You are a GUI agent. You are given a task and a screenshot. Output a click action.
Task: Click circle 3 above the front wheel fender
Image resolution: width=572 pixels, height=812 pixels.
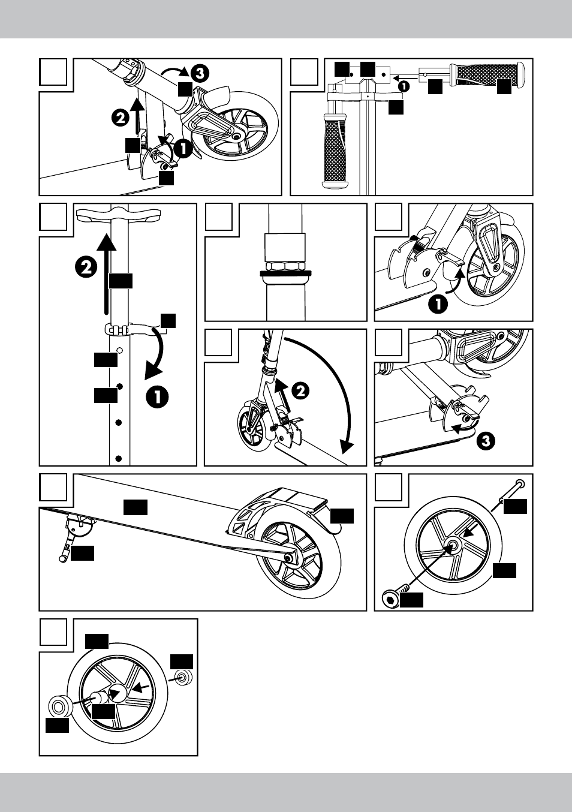(x=200, y=73)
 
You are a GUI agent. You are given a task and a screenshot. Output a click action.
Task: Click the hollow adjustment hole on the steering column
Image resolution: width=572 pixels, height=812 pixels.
(x=119, y=350)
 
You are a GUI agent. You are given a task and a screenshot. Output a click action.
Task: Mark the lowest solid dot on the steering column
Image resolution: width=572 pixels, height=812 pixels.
(x=119, y=459)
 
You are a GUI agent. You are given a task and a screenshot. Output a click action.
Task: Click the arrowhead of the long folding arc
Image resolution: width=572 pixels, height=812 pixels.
(x=345, y=447)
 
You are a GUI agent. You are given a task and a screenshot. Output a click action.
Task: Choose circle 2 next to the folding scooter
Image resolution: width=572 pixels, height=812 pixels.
(x=300, y=390)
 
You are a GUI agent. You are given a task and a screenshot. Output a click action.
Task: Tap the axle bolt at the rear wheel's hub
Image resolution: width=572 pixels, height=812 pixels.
(x=290, y=558)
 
